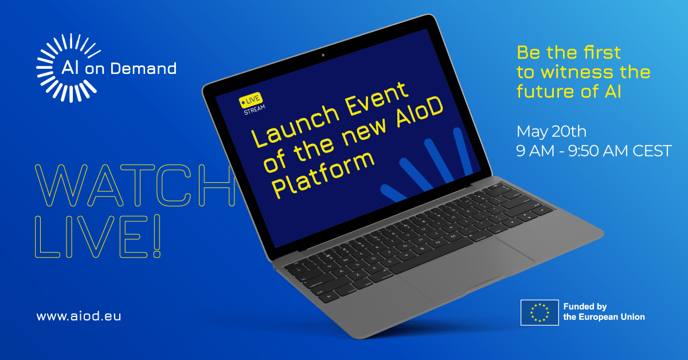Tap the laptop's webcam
point(323,55)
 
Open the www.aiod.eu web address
point(79,316)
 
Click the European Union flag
point(539,312)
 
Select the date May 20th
point(551,132)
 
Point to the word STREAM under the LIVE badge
point(253,110)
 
